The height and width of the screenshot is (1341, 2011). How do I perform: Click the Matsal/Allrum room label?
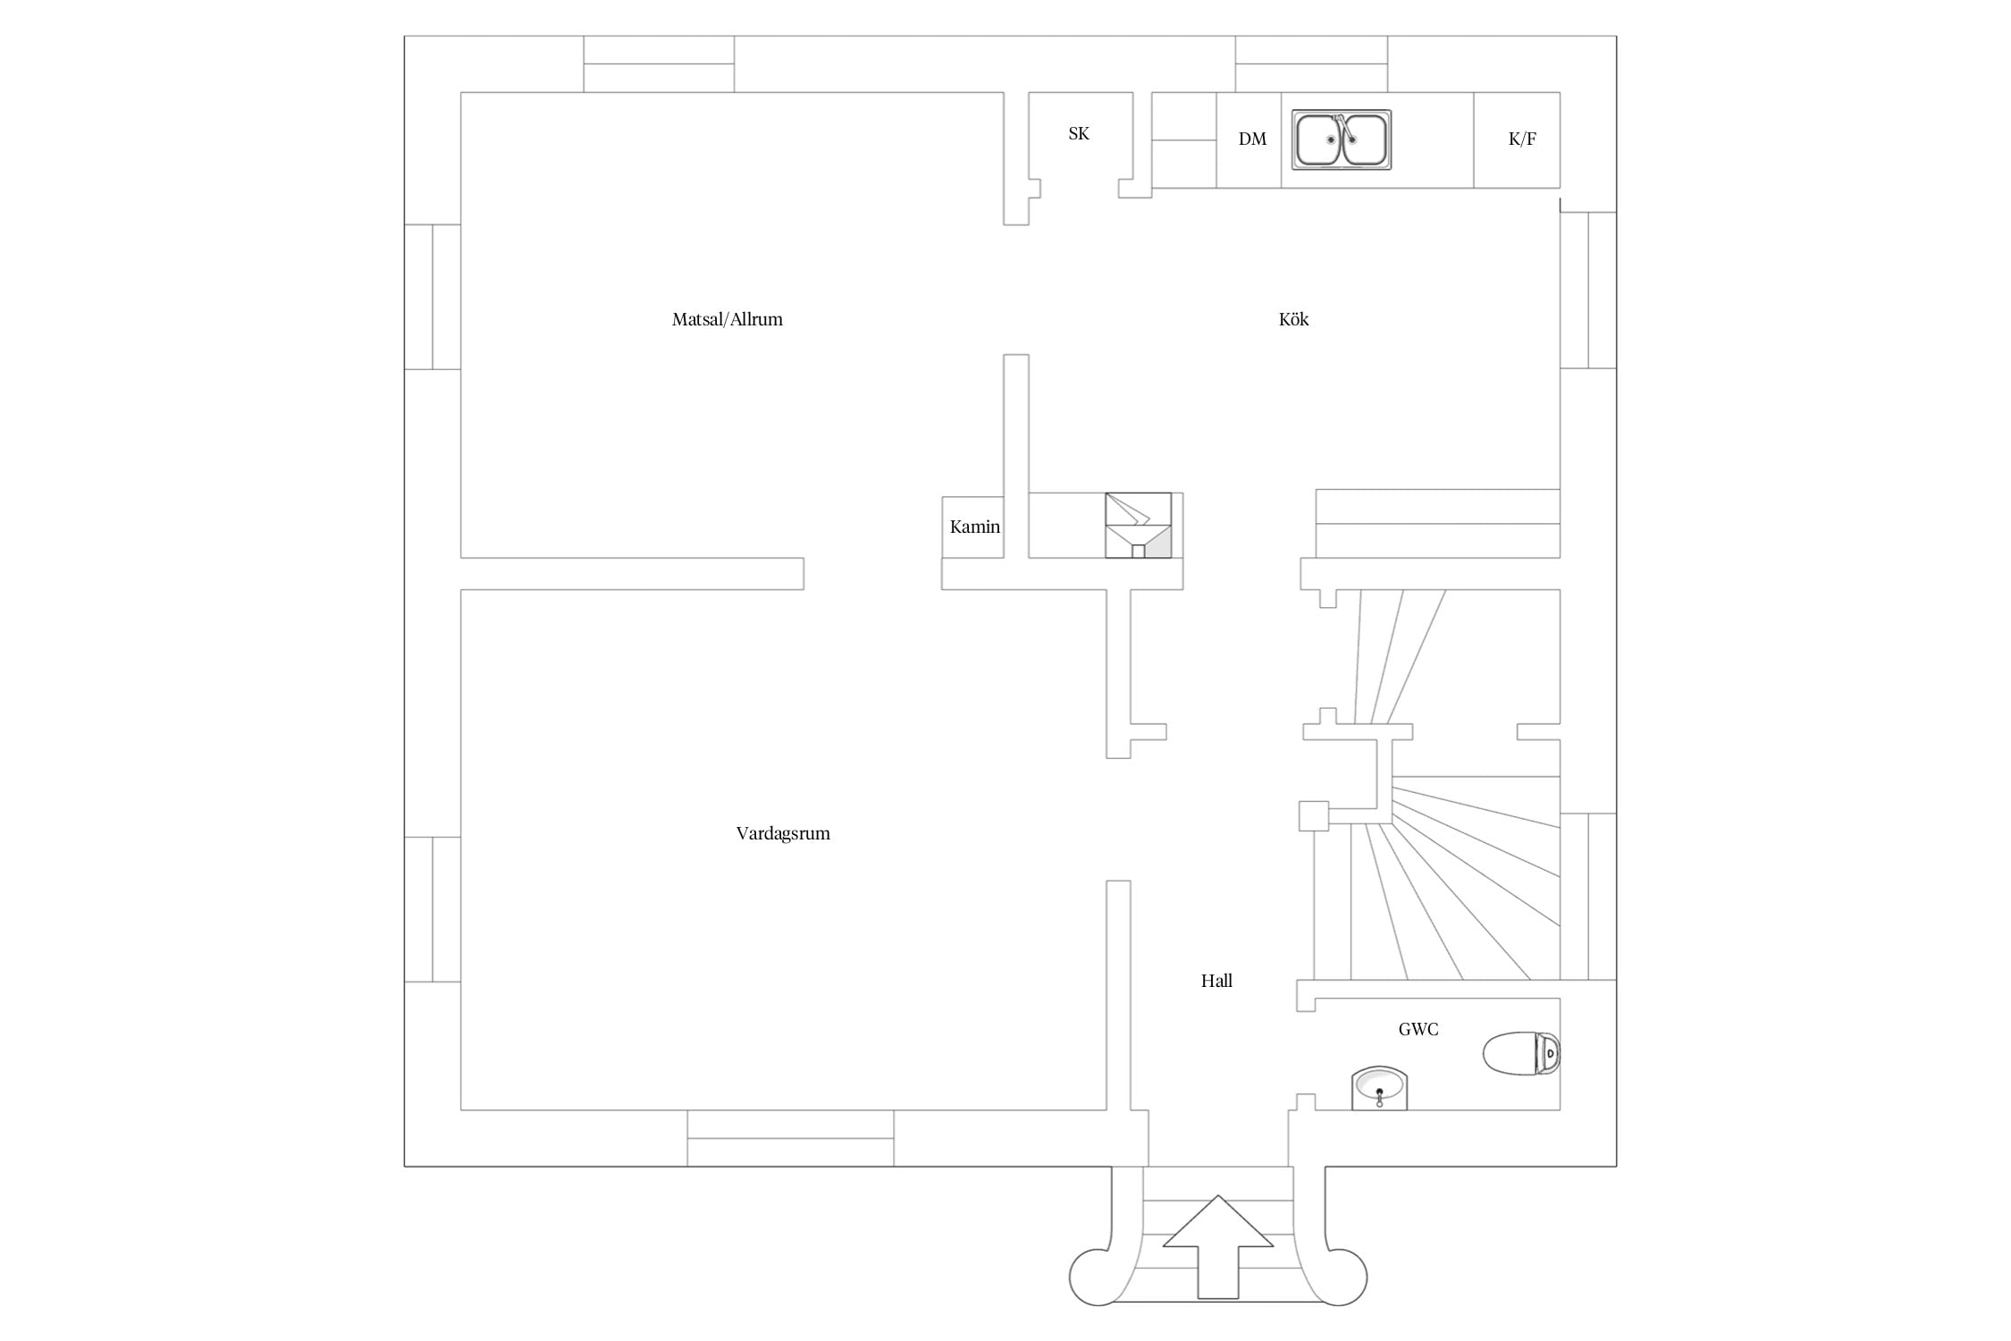pos(727,319)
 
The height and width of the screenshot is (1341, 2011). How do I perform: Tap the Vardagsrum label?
pos(783,833)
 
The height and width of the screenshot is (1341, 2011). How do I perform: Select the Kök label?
pos(1293,319)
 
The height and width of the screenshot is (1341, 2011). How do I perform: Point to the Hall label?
pos(1216,981)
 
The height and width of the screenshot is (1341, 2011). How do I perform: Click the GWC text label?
pos(1418,1029)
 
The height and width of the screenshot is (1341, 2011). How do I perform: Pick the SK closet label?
pos(1079,133)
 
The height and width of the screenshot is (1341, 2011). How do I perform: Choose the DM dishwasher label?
pos(1252,139)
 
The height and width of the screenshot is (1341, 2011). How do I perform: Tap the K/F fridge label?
pos(1522,139)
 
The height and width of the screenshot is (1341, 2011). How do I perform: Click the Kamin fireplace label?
pos(974,527)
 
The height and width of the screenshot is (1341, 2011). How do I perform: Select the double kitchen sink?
pos(1342,139)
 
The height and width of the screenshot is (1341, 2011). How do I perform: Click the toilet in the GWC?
pos(1521,1054)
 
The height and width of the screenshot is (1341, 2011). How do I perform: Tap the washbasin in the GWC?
pos(1379,1088)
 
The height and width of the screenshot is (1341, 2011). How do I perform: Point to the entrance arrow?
pos(1217,1247)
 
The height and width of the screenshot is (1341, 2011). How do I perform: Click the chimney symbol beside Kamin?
pos(1138,526)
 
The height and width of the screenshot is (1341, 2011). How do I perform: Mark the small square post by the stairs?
pos(1314,815)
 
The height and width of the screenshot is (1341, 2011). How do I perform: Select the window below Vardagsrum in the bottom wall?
pos(790,1138)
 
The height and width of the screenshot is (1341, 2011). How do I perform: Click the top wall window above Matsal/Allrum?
pos(659,63)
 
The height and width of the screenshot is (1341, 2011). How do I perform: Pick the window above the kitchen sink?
pos(1311,63)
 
